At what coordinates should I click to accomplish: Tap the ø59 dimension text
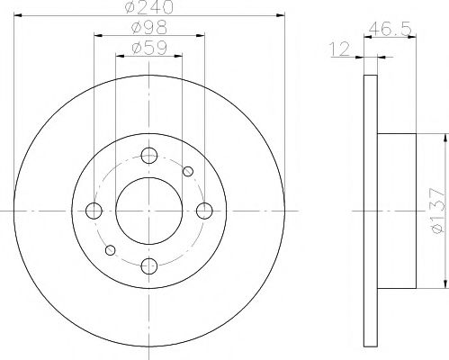tap(148, 50)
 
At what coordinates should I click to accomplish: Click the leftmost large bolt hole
tap(93, 211)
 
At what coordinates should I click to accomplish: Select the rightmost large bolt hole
tap(204, 211)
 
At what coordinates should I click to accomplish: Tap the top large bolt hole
tap(148, 156)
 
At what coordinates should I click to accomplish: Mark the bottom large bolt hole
tap(148, 266)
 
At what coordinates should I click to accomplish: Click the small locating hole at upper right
tap(188, 172)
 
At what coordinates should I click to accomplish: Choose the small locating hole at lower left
tap(109, 250)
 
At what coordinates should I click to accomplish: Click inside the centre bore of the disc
tap(148, 211)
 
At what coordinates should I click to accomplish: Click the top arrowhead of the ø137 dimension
tap(445, 138)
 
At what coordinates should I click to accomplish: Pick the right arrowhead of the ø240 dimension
tap(281, 15)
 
